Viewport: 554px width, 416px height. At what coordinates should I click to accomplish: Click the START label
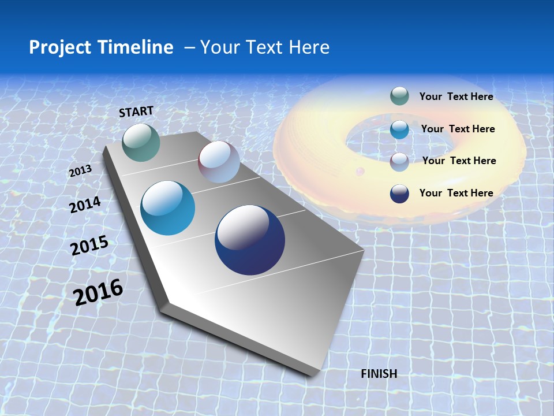(136, 112)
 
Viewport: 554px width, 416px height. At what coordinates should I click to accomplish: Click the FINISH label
(379, 374)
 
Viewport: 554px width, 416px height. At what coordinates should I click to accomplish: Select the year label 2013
(80, 171)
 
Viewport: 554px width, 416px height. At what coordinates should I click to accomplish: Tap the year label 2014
(85, 205)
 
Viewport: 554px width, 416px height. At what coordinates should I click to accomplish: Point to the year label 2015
(89, 246)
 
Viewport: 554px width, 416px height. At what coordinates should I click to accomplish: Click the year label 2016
(98, 292)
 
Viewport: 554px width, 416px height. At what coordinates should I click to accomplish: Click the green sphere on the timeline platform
(141, 142)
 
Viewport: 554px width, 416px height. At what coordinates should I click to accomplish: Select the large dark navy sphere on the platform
(250, 240)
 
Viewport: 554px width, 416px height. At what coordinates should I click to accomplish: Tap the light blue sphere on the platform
(168, 208)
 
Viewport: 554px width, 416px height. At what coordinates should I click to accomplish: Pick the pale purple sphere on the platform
(219, 162)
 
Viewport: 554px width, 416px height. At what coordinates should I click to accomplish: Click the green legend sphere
(399, 96)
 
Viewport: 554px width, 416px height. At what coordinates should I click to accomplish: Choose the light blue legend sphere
(399, 129)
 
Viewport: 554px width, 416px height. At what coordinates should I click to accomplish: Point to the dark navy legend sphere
(399, 194)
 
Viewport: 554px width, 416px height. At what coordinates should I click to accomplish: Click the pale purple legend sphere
(399, 161)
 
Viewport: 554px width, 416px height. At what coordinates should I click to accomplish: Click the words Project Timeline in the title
(101, 47)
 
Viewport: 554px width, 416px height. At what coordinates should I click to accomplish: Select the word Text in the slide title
(264, 47)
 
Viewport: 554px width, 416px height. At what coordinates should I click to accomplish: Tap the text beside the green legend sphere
(456, 97)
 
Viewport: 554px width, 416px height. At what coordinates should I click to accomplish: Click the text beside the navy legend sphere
(456, 193)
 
